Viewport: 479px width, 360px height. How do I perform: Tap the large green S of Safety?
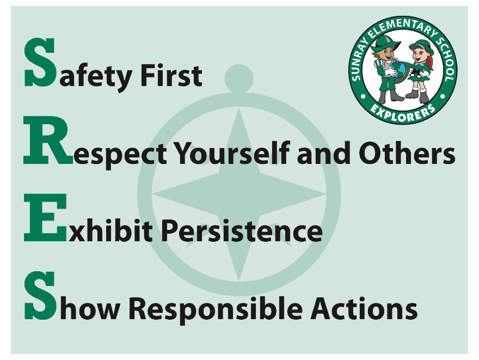40,62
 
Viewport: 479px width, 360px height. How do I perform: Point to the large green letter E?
45,218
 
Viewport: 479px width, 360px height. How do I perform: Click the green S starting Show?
40,296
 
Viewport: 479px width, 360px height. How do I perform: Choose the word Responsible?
216,308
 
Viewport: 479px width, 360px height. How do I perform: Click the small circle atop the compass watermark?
239,78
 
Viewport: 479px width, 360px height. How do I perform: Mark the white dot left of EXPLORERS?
363,96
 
